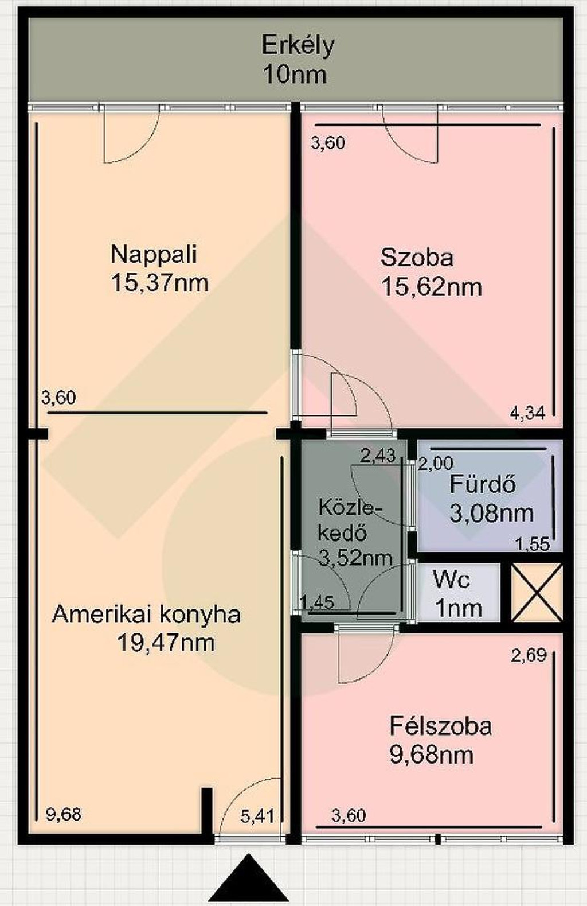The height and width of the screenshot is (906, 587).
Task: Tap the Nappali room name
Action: (x=154, y=255)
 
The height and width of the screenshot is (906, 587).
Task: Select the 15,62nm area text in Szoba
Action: (x=432, y=287)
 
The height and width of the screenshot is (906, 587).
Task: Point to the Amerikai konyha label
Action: (x=146, y=615)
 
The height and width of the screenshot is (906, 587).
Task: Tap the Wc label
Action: (x=451, y=579)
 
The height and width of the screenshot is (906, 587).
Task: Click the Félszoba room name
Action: (x=441, y=726)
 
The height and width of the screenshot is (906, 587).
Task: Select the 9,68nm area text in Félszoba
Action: (x=432, y=755)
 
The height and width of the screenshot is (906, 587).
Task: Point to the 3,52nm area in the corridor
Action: (x=355, y=558)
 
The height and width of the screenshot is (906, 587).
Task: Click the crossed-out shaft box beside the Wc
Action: (x=537, y=593)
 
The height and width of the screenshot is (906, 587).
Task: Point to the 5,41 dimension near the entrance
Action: (x=258, y=816)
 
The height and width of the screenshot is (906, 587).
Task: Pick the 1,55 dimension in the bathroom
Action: (x=534, y=545)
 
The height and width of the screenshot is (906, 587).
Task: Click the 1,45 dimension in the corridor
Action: (x=317, y=602)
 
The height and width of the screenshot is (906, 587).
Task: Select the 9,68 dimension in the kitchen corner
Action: (x=64, y=814)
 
